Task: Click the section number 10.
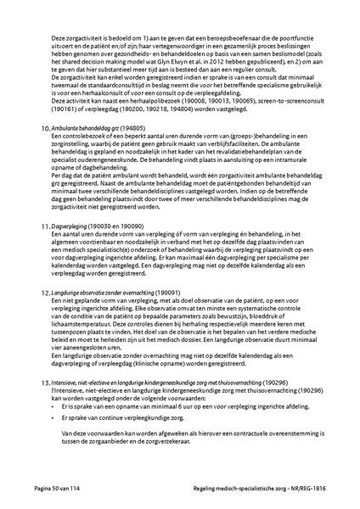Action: click(x=45, y=126)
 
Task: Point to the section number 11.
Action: click(x=45, y=227)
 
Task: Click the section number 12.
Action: click(x=45, y=291)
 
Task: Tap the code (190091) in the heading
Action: click(x=183, y=291)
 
